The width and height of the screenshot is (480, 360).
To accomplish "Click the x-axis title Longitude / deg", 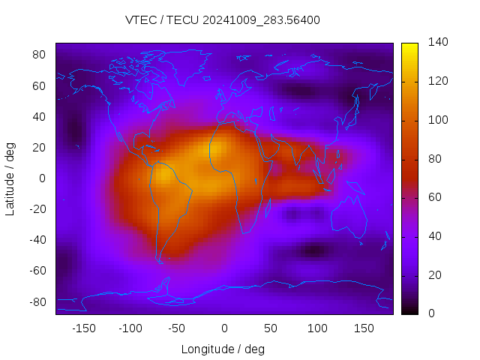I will point(223,349).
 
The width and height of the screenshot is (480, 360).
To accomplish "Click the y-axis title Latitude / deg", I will point(10,178).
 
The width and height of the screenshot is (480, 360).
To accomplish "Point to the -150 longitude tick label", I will point(83,328).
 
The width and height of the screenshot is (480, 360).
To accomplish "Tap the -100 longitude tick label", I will point(130,328).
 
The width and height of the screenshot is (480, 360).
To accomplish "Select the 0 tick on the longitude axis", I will point(224,328).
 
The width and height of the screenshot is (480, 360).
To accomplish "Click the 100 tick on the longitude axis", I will point(318,328).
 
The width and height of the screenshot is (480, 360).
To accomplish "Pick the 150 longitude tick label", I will point(364,328).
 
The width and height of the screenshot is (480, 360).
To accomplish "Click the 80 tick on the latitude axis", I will point(40,55).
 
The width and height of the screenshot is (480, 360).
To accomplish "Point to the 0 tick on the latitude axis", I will point(43,178).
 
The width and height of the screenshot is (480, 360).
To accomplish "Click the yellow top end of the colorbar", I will point(409,46).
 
